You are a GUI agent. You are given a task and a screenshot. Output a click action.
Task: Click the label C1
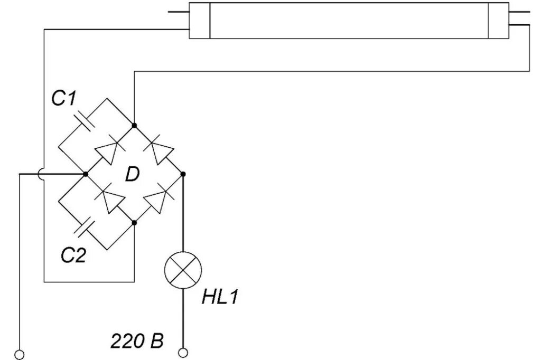tap(65, 99)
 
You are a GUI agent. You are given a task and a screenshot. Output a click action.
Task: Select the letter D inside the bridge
tap(132, 174)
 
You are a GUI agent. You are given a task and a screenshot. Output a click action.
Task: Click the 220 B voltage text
tap(137, 342)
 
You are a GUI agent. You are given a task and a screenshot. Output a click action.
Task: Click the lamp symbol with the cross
tap(183, 270)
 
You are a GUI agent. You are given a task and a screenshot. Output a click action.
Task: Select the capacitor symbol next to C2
tap(84, 227)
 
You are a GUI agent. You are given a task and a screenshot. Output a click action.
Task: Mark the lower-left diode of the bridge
tap(109, 199)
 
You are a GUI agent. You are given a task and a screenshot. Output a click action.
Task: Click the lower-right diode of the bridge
tap(158, 199)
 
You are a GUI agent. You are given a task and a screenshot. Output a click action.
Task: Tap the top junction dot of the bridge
tap(135, 125)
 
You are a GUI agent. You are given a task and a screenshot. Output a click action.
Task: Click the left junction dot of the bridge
tap(85, 174)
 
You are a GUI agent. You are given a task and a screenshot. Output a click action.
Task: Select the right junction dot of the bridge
tap(183, 174)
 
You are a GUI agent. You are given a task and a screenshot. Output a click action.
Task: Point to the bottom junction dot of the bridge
tap(135, 223)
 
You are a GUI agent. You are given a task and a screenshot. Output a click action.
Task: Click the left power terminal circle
tap(20, 354)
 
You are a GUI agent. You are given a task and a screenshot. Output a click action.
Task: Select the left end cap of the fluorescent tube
tap(199, 21)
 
